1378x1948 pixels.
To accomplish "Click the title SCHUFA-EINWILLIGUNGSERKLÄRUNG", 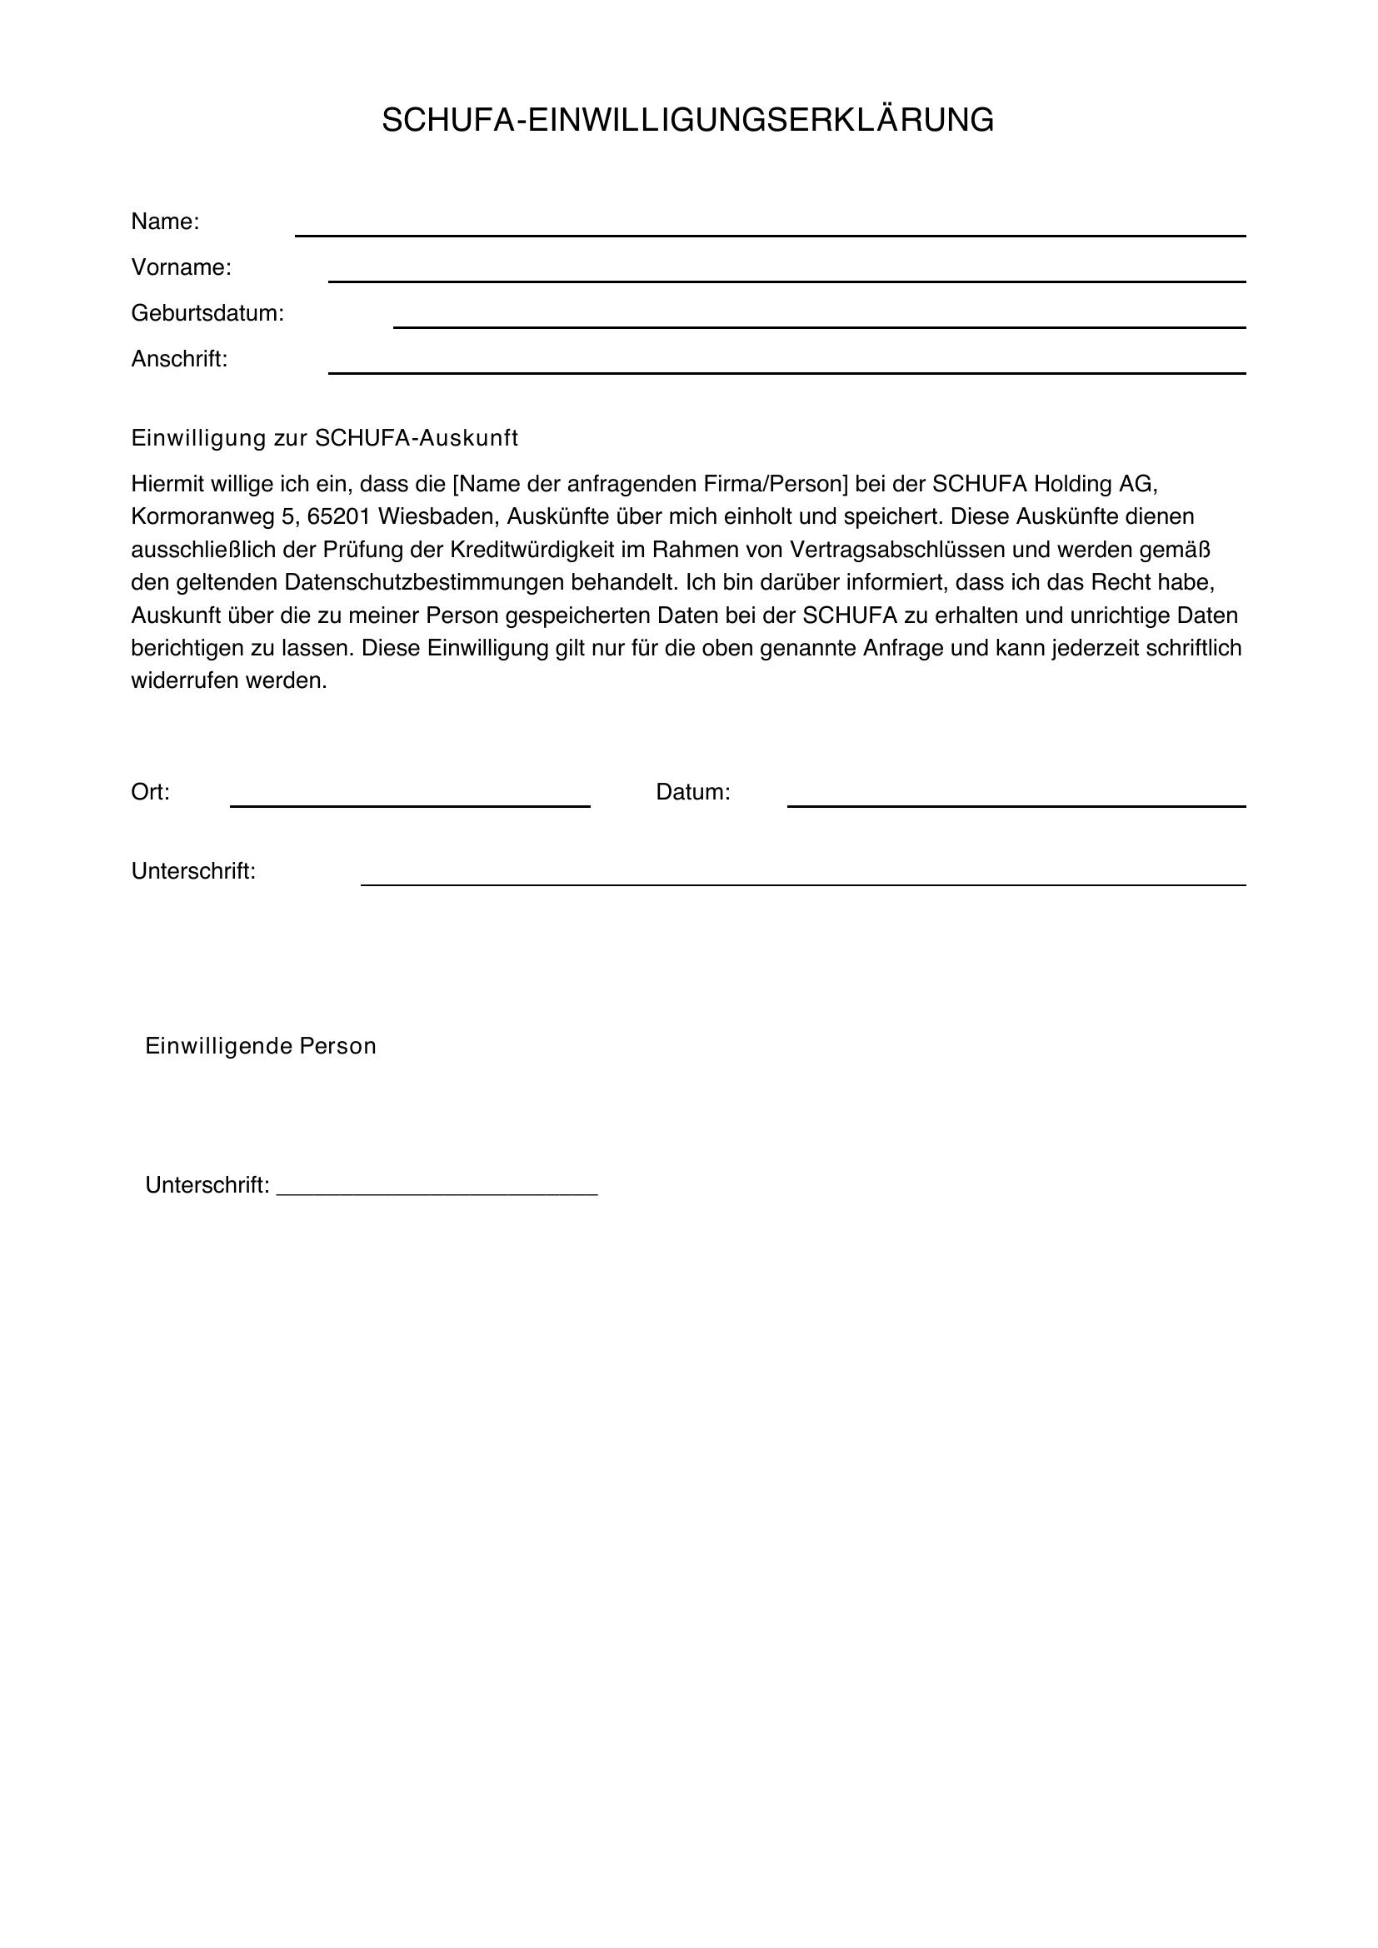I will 687,121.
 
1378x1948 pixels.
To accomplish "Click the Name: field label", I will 165,222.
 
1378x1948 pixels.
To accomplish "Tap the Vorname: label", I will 181,268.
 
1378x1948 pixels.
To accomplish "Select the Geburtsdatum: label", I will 207,314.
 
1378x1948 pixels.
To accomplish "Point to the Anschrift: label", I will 179,360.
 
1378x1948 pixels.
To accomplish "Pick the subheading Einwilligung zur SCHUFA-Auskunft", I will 324,439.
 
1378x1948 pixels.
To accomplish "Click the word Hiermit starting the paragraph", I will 167,485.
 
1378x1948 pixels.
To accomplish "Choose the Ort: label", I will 150,792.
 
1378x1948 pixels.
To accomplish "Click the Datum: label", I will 692,792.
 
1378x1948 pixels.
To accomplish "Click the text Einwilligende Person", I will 261,1046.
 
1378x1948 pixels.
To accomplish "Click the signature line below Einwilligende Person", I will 437,1191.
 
